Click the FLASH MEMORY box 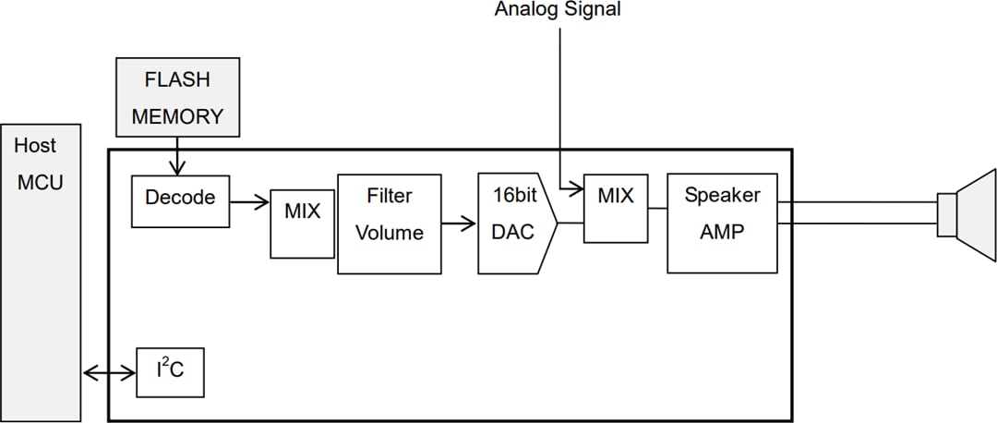177,98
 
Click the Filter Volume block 389,223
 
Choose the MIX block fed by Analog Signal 616,209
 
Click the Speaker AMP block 722,223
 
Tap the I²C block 170,371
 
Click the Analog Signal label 558,10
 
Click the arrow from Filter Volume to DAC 459,223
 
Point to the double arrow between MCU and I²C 109,373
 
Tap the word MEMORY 177,116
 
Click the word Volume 389,233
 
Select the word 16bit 513,197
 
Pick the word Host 35,145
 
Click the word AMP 722,232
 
